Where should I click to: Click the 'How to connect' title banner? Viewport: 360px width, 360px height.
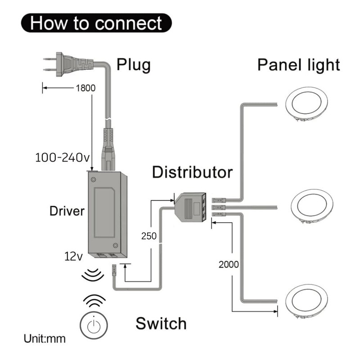[x=96, y=22]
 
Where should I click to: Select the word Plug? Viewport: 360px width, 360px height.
[x=134, y=65]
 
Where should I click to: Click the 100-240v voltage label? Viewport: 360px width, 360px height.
[x=62, y=158]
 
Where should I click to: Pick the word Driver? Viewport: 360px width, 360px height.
[x=67, y=211]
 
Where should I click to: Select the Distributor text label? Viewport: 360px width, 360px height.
[x=192, y=172]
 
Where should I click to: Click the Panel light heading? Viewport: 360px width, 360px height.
[x=298, y=65]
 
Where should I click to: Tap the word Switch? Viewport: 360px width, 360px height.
[x=161, y=323]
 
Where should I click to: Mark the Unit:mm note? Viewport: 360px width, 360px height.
[x=45, y=338]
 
